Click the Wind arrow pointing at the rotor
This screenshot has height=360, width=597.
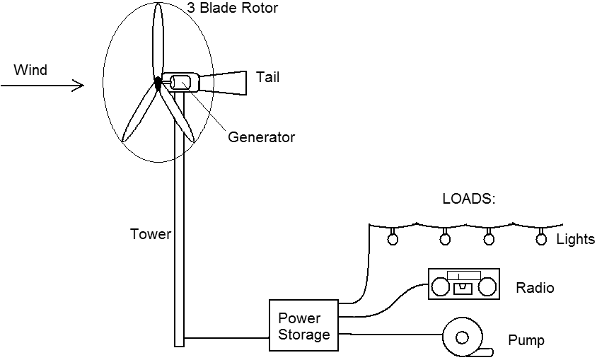(x=42, y=86)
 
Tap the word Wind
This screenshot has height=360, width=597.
(x=30, y=70)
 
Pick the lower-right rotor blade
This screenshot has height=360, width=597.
(x=180, y=113)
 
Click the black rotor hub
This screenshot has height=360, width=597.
(x=158, y=83)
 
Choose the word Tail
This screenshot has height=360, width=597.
(x=267, y=77)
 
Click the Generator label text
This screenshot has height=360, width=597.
(x=261, y=137)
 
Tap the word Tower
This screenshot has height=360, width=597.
(x=151, y=233)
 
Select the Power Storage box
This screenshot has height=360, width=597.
(x=304, y=325)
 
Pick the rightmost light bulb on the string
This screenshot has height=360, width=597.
(x=542, y=238)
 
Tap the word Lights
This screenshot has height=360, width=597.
(x=575, y=239)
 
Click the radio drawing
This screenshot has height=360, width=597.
(x=465, y=285)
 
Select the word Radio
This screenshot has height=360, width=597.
(x=535, y=288)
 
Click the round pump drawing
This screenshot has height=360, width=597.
(x=464, y=337)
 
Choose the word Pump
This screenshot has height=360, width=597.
(x=526, y=341)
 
